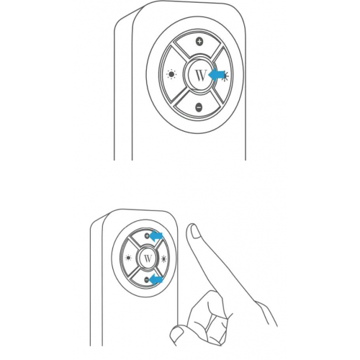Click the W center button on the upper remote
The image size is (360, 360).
tap(198, 74)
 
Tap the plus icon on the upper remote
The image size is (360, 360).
tap(199, 42)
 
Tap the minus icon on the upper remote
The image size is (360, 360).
tap(199, 107)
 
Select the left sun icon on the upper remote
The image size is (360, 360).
tap(171, 74)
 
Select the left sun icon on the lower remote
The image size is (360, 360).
tap(129, 257)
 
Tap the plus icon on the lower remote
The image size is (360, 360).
tap(147, 235)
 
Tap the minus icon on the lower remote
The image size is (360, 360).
tap(148, 279)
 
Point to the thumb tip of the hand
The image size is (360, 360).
tap(175, 332)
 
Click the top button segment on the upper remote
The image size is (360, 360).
tap(199, 48)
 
